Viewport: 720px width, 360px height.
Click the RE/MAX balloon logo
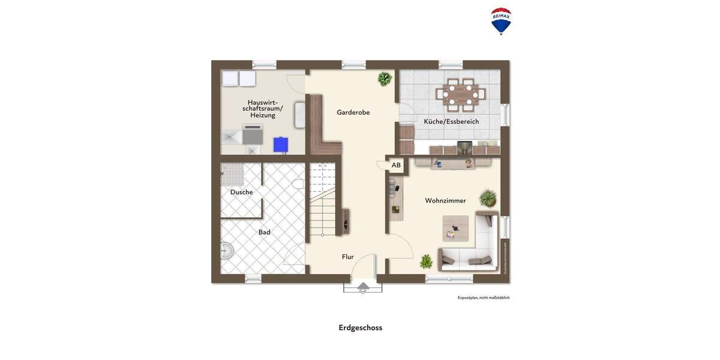501,21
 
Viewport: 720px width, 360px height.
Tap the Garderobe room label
353,112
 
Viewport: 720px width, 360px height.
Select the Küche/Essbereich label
451,121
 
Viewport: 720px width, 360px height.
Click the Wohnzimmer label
445,200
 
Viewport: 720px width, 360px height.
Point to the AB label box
396,165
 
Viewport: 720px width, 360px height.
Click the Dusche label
241,192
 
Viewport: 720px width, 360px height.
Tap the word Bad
264,232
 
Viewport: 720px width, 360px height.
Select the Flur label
347,257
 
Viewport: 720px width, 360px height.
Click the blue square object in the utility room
280,145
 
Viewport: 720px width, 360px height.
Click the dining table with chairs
460,94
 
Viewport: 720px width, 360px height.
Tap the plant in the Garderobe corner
385,79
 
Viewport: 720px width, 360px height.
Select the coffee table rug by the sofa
455,228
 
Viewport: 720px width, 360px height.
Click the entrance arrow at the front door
363,287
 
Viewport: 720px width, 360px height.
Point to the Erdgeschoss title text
360,328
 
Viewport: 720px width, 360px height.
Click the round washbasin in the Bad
226,251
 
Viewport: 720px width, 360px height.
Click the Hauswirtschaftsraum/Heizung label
262,109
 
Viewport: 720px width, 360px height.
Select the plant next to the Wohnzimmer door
426,261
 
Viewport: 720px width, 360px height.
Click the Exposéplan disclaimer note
483,298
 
